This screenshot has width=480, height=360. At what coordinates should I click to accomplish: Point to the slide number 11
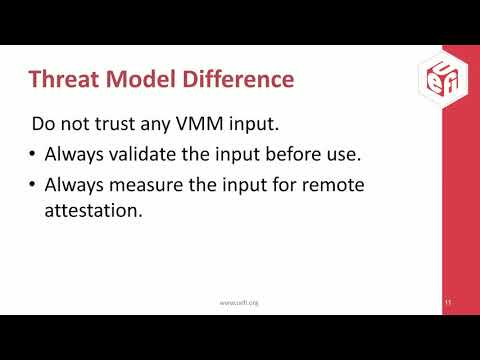[x=445, y=301]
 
